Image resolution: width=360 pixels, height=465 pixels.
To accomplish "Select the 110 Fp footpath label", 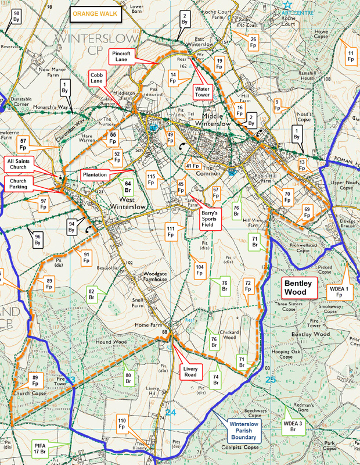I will click(122, 423).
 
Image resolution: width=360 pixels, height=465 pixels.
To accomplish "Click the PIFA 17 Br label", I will click(40, 448).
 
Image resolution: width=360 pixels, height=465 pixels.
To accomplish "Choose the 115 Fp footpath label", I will click(151, 179).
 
